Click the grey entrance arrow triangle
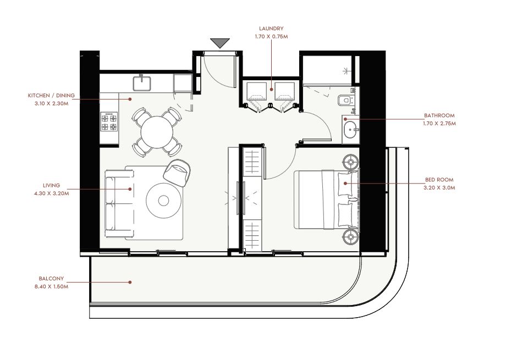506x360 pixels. (220, 42)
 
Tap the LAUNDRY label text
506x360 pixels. (271, 29)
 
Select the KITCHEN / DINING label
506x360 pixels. (51, 96)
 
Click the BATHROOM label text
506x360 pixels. (439, 115)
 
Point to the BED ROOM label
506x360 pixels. (439, 180)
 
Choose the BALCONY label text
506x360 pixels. (51, 279)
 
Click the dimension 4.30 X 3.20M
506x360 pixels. (51, 193)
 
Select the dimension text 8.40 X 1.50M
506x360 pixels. (51, 286)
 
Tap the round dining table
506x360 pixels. (157, 132)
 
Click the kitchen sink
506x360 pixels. (142, 83)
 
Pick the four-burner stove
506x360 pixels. (109, 121)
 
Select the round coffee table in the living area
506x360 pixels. (163, 201)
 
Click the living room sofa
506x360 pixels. (119, 204)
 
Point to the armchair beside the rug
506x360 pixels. (177, 173)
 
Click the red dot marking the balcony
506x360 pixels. (130, 283)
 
